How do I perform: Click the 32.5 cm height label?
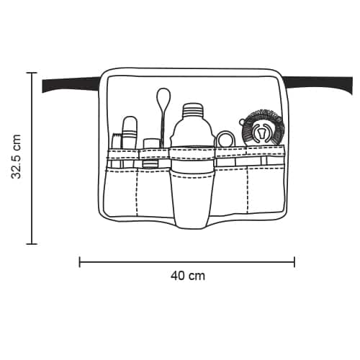pos(17,157)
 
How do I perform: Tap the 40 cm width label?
pos(188,276)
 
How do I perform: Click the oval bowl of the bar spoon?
pos(163,96)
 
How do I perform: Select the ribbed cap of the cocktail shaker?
pos(193,109)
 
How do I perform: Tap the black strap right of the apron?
pos(319,84)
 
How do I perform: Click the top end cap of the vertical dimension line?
pos(32,73)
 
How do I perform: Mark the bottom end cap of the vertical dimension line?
pos(32,244)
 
